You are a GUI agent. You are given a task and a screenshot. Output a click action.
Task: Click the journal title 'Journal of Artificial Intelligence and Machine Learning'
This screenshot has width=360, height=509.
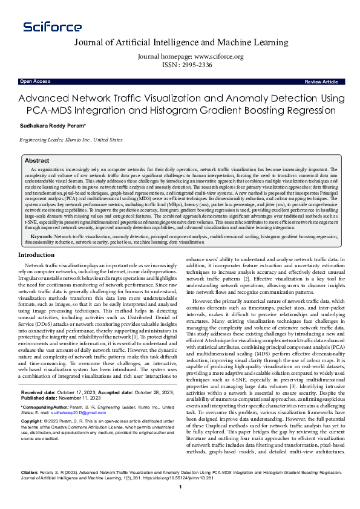pos(181,42)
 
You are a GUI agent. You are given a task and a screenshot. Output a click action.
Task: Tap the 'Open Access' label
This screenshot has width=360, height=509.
pos(35,81)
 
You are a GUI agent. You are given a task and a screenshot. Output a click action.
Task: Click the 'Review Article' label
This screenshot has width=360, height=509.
pos(321,81)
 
